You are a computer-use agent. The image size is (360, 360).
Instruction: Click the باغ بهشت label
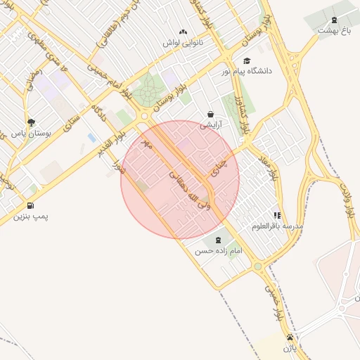pyautogui.click(x=333, y=30)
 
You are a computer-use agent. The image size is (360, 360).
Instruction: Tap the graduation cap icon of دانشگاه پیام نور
pyautogui.click(x=246, y=61)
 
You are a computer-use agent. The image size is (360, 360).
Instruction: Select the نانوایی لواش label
pyautogui.click(x=183, y=42)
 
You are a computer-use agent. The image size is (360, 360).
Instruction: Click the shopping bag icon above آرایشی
pyautogui.click(x=210, y=115)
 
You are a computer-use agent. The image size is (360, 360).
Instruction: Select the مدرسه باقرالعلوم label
pyautogui.click(x=277, y=226)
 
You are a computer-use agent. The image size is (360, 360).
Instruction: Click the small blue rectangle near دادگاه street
pyautogui.click(x=91, y=138)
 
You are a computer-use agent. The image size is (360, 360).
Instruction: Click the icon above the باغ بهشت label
pyautogui.click(x=334, y=19)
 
